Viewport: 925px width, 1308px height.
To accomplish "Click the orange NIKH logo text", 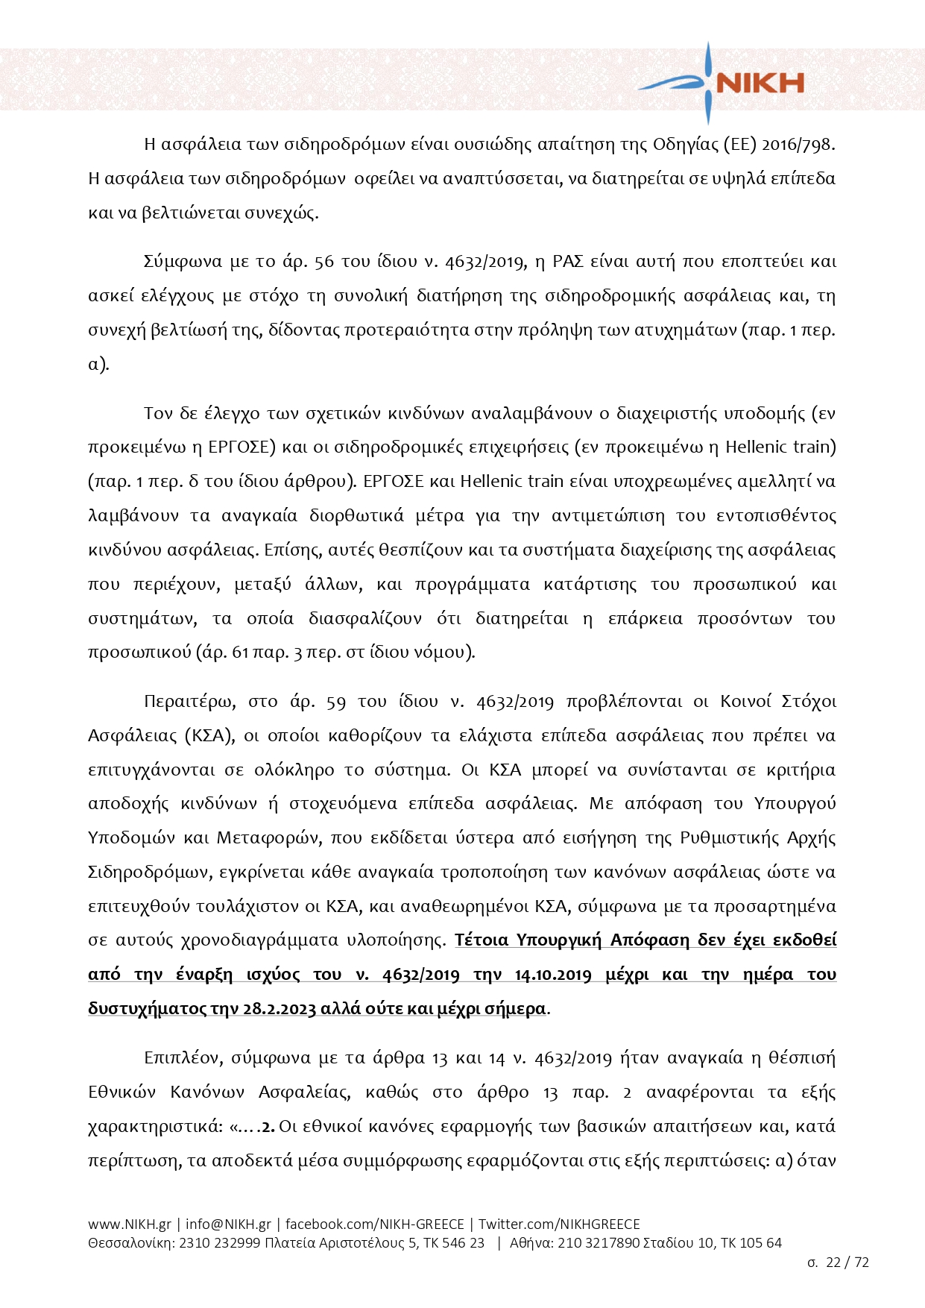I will (760, 83).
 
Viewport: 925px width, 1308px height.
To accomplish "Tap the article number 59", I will (336, 702).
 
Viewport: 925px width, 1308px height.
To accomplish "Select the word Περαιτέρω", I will (189, 702).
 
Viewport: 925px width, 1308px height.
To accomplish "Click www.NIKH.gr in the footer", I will (129, 1224).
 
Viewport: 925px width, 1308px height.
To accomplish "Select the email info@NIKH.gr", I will (228, 1224).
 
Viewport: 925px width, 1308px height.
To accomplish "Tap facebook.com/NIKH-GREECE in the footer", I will (374, 1224).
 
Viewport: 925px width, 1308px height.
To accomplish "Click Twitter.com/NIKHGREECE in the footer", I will (559, 1224).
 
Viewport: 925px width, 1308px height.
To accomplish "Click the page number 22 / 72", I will (847, 1263).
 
